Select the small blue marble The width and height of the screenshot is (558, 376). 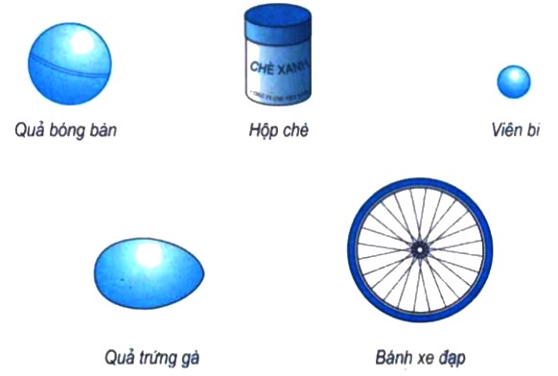[x=513, y=82]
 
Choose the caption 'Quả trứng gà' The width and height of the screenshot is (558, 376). [x=152, y=358]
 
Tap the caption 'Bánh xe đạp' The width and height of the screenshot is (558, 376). [x=420, y=358]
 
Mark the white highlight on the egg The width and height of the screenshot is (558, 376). [x=150, y=256]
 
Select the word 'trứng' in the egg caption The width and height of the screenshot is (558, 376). [x=155, y=359]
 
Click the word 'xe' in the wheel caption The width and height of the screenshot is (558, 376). [x=426, y=358]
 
